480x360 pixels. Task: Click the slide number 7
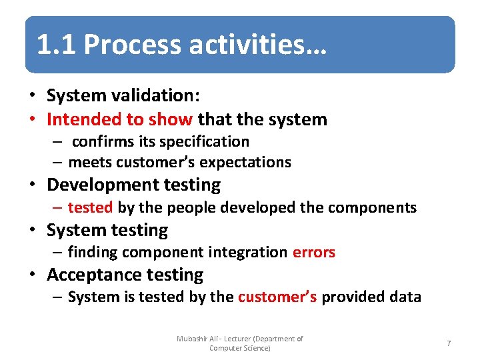coord(449,343)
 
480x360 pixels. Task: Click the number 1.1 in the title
coord(56,45)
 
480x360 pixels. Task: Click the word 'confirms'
coord(103,142)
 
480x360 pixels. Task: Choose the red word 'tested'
coord(90,207)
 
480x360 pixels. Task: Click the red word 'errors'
coord(313,252)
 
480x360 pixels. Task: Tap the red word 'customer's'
coord(277,297)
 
